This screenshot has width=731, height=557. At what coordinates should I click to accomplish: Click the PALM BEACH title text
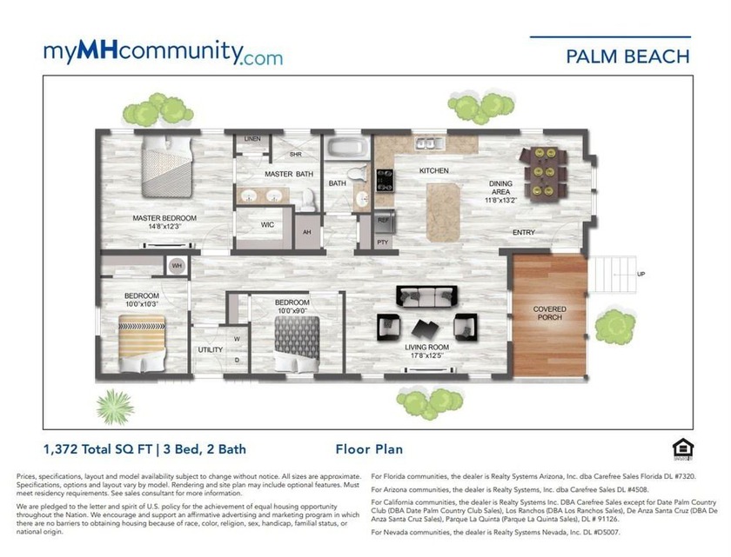click(x=627, y=56)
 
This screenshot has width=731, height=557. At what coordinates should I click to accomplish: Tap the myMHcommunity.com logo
click(x=163, y=53)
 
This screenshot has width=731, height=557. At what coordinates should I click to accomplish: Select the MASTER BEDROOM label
click(x=164, y=218)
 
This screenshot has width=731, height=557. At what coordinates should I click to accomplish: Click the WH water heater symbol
click(x=177, y=266)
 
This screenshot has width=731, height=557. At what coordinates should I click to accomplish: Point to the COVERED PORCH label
click(x=549, y=314)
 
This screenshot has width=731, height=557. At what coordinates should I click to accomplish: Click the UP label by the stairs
click(x=641, y=275)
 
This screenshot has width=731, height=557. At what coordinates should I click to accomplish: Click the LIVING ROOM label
click(x=425, y=350)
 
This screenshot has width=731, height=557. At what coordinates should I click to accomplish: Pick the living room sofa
click(x=426, y=297)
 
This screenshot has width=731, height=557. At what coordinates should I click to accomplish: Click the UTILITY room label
click(x=211, y=349)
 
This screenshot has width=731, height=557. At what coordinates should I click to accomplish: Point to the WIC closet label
click(x=268, y=224)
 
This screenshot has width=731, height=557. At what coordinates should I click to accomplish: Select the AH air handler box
click(x=306, y=233)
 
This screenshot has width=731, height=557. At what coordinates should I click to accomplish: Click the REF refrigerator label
click(x=383, y=221)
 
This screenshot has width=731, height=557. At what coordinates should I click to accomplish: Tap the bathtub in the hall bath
click(x=348, y=145)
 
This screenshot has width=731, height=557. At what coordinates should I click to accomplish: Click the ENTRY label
click(x=524, y=232)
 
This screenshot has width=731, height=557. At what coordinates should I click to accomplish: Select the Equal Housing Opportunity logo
click(x=681, y=448)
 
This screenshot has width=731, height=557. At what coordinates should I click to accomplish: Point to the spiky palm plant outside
click(x=114, y=404)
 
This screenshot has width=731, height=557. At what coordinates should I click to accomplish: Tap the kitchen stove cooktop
click(x=384, y=180)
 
